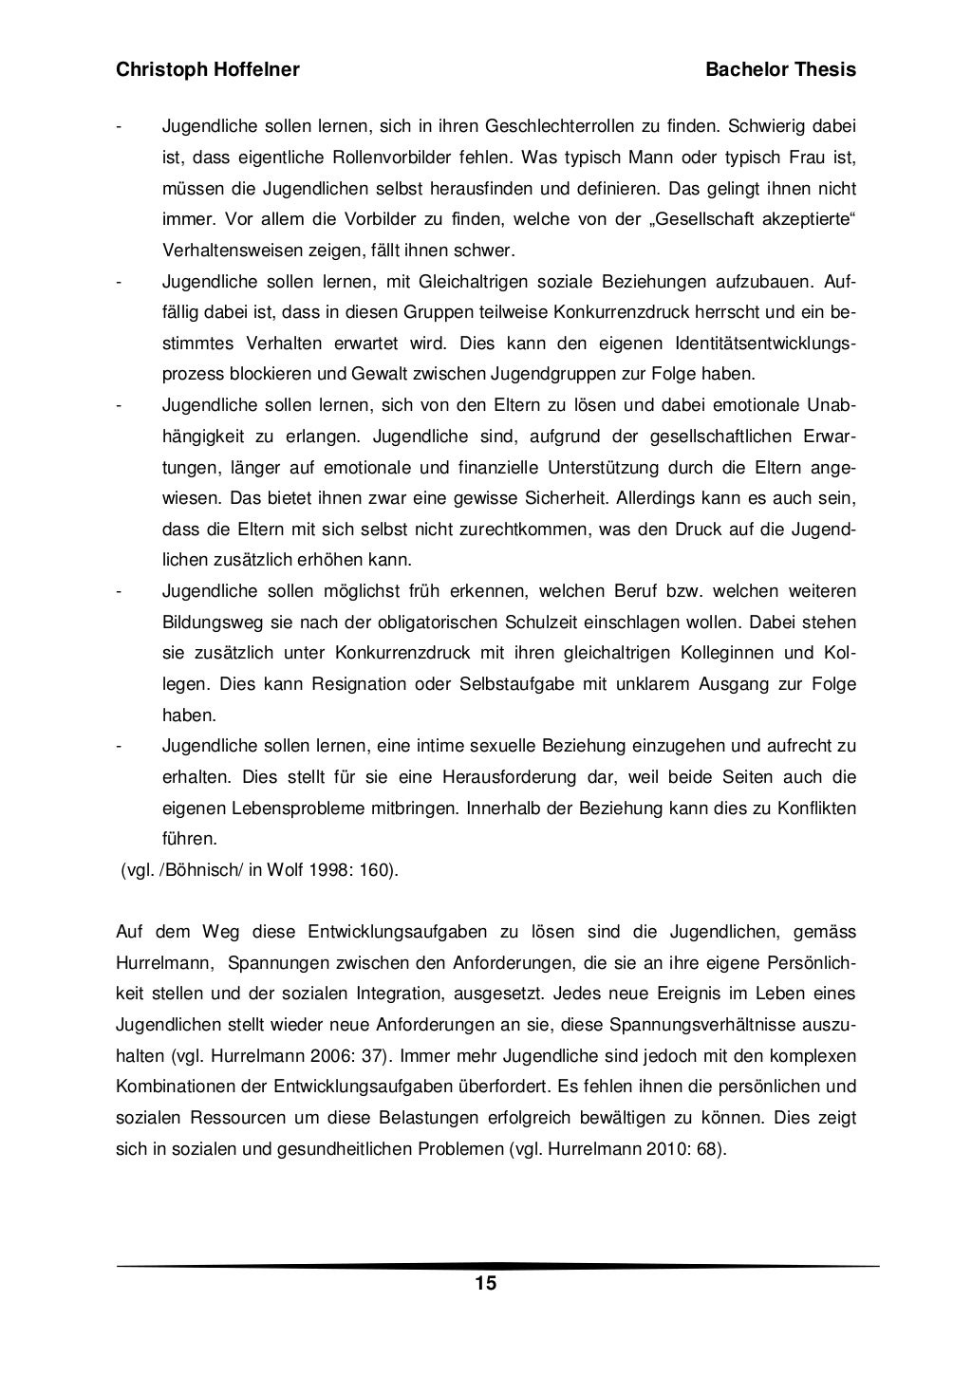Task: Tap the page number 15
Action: pyautogui.click(x=485, y=1285)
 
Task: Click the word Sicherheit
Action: pyautogui.click(x=567, y=498)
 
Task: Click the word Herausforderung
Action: pyautogui.click(x=509, y=777)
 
